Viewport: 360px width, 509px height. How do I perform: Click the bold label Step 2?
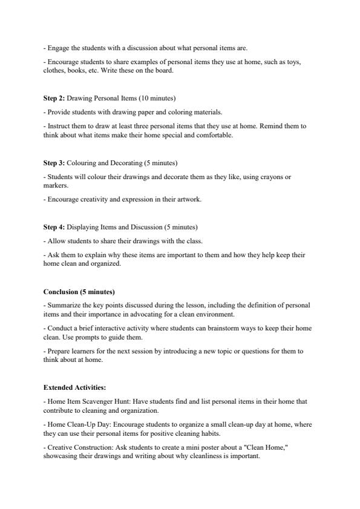tap(54, 97)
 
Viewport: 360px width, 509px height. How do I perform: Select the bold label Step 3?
tap(54, 163)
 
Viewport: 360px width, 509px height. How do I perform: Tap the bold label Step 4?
tap(54, 228)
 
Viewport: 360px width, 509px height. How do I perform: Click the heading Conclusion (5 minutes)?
tap(79, 292)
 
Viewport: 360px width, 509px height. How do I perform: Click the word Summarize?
tap(64, 306)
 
